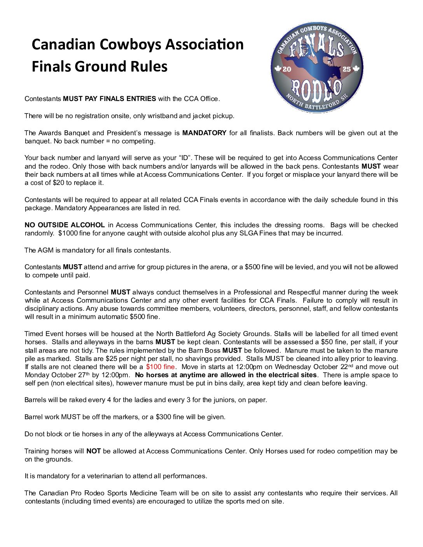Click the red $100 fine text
(160, 367)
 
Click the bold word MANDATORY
(204, 133)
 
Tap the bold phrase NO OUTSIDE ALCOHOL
(65, 225)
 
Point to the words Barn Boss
(205, 350)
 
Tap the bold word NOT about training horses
(93, 451)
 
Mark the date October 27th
(71, 375)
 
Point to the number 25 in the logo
(346, 69)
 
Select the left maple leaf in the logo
(278, 69)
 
